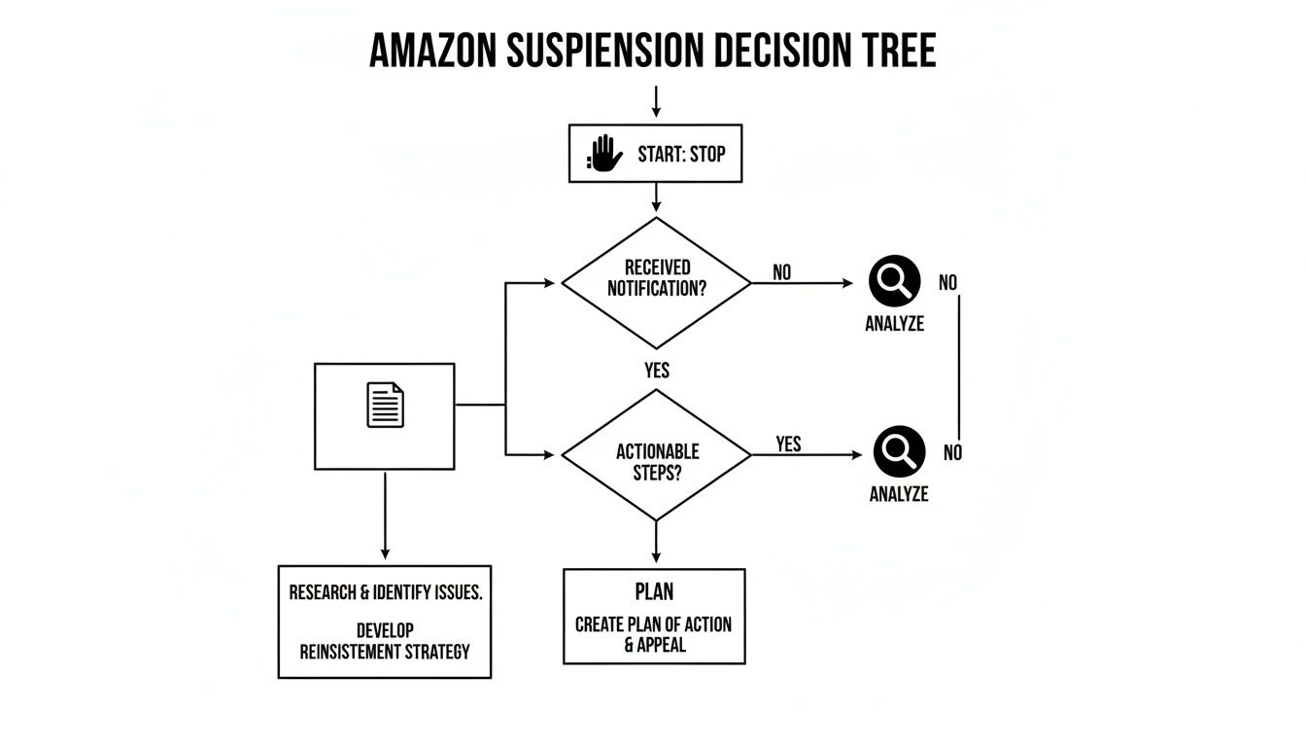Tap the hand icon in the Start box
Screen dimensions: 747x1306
pos(605,154)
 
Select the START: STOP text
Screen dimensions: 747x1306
pos(681,154)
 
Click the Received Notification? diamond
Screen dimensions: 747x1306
pos(656,281)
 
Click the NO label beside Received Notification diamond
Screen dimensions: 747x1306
pos(782,272)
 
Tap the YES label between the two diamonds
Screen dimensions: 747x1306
pos(657,371)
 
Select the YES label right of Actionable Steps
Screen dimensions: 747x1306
pos(789,444)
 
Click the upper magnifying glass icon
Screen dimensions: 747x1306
pos(894,281)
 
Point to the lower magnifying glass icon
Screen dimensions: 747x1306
pos(899,451)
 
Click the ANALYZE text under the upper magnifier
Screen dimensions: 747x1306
pos(894,325)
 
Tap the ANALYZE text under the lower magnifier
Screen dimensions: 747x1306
pos(899,494)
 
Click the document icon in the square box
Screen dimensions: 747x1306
pos(385,406)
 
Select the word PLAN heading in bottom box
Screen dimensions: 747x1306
pos(654,592)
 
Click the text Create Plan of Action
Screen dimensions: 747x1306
pos(653,624)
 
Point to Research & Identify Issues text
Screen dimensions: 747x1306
pos(385,593)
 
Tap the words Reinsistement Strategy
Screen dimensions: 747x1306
pos(385,651)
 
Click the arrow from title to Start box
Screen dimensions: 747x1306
pos(656,101)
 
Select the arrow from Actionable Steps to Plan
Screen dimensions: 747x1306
pos(656,543)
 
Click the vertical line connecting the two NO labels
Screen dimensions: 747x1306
pos(959,368)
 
